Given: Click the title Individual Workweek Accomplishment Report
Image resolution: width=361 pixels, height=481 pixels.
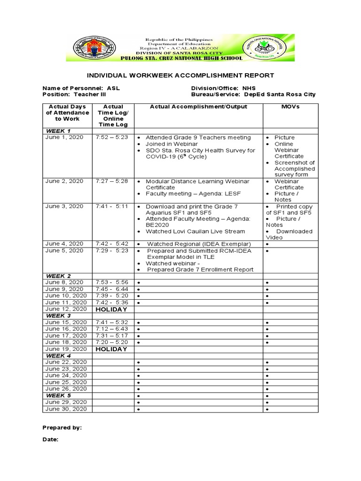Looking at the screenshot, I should (180, 75).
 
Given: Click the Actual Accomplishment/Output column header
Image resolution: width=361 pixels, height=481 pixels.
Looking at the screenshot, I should (198, 107).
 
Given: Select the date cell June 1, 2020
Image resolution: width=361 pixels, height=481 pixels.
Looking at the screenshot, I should (64, 137).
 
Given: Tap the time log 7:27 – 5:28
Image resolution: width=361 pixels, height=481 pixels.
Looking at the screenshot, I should (111, 181).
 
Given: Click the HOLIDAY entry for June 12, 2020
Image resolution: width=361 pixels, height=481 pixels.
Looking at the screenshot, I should (111, 310).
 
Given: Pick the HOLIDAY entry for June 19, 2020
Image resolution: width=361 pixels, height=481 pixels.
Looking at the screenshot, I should (111, 349).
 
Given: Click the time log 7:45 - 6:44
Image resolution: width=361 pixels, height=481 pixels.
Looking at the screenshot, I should (111, 289).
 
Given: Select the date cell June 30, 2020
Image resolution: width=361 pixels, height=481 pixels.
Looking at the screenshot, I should (66, 409).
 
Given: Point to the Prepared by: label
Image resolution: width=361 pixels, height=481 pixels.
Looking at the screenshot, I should (62, 428).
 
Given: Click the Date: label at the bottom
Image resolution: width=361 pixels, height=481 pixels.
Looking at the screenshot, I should (50, 440).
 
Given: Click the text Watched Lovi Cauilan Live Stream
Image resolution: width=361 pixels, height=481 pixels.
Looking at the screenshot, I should (195, 231).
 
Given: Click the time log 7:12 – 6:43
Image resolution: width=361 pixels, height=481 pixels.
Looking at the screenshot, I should (111, 329).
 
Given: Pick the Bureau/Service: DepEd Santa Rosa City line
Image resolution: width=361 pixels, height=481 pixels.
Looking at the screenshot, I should (253, 94).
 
